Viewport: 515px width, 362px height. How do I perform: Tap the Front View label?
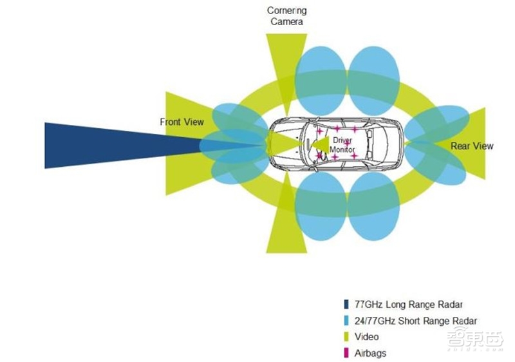tap(182, 122)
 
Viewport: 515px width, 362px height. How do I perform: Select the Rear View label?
tap(472, 146)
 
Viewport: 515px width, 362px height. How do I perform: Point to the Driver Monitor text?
tap(342, 145)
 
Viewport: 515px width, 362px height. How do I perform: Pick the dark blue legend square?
tap(346, 304)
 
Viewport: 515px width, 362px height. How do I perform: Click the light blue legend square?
tap(346, 321)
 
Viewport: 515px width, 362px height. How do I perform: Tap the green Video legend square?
tap(346, 337)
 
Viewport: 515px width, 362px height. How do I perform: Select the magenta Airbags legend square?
tap(346, 353)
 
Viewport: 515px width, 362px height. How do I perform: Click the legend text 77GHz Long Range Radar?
tap(409, 304)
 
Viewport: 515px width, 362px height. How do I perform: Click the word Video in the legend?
tap(367, 337)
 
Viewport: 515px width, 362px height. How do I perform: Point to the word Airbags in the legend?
tap(371, 353)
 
